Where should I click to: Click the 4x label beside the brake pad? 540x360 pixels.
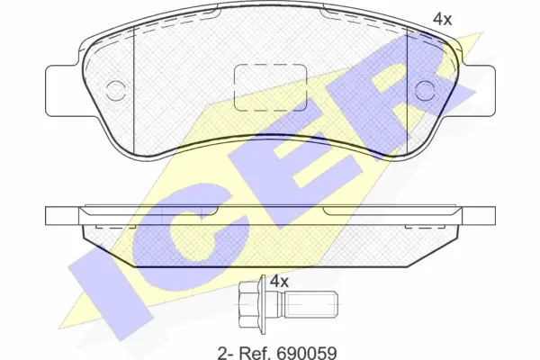tap(442, 19)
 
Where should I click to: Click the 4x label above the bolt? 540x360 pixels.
tap(279, 282)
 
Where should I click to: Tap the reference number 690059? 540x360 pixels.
tap(306, 353)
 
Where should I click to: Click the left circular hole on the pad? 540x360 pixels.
tap(116, 91)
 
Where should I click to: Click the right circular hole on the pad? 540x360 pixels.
tap(425, 91)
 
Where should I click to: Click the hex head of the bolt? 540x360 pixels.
tap(248, 304)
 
